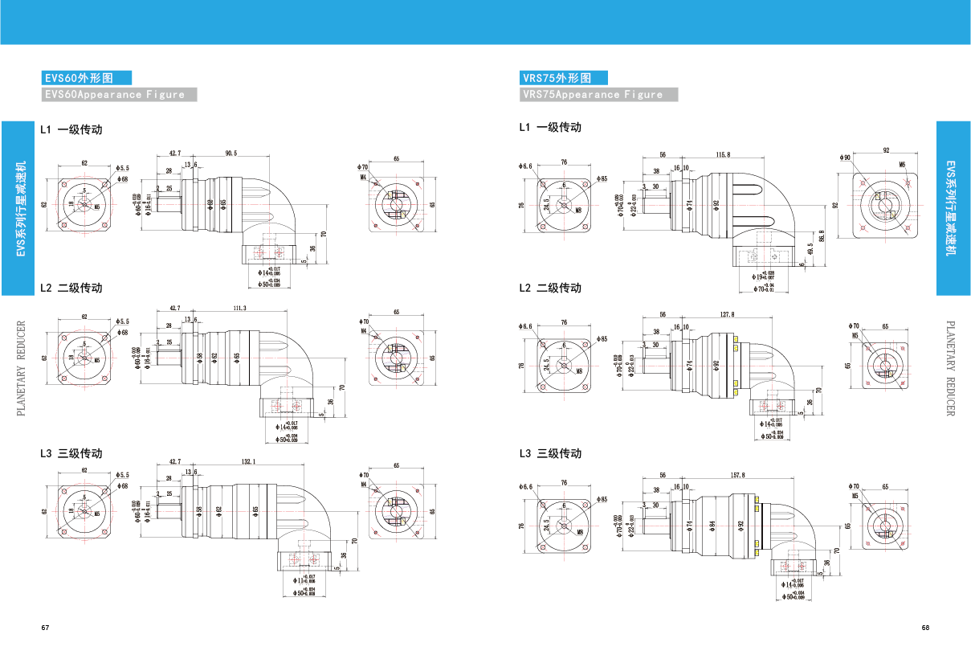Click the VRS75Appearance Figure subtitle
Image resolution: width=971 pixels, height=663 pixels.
point(598,94)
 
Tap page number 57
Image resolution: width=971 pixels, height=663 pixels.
point(46,628)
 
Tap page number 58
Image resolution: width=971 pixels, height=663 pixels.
point(925,628)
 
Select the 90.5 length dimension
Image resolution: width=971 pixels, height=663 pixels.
point(231,153)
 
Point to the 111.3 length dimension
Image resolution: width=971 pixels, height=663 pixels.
point(239,308)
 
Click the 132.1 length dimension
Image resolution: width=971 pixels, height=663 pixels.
point(248,461)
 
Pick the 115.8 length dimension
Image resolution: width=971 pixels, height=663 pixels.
point(722,154)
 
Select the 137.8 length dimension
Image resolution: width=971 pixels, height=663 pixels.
point(728,314)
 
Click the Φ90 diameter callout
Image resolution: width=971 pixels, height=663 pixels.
point(846,158)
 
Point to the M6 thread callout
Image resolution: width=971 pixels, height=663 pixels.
point(902,164)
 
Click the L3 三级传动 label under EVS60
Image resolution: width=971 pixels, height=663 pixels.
point(71,453)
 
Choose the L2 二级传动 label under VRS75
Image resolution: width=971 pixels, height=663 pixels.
point(550,288)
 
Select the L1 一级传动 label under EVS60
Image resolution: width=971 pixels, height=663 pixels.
point(71,129)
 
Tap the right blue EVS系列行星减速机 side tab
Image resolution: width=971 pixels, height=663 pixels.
point(953,208)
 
